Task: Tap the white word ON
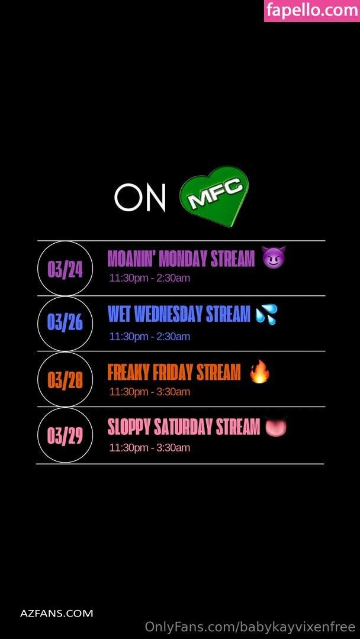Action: pyautogui.click(x=140, y=198)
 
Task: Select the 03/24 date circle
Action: pyautogui.click(x=65, y=268)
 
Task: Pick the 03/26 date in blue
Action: pyautogui.click(x=65, y=324)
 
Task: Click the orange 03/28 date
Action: pyautogui.click(x=65, y=379)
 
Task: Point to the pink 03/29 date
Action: pyautogui.click(x=65, y=435)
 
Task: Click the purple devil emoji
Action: pyautogui.click(x=273, y=257)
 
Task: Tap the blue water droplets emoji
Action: pyautogui.click(x=266, y=314)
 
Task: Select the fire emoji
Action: pyautogui.click(x=260, y=371)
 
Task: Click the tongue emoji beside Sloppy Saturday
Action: pyautogui.click(x=276, y=427)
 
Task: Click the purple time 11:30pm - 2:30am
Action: pyautogui.click(x=150, y=278)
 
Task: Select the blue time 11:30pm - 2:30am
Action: pyautogui.click(x=150, y=336)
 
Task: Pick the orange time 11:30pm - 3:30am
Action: pyautogui.click(x=150, y=392)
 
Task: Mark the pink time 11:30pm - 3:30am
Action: pyautogui.click(x=150, y=447)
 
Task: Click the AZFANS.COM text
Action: pyautogui.click(x=57, y=613)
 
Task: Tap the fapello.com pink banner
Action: pyautogui.click(x=312, y=11)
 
